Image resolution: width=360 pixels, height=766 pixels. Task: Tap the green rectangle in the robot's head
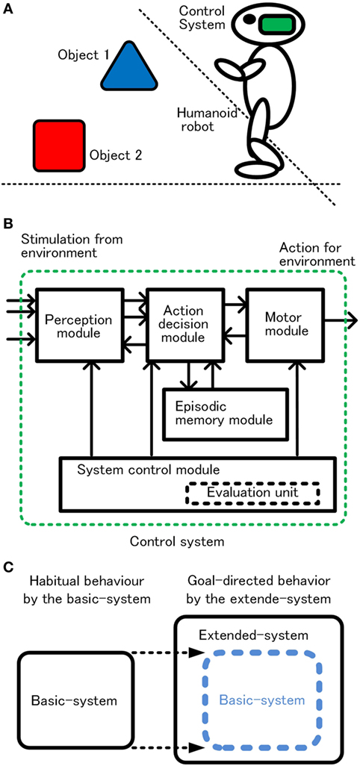(x=278, y=25)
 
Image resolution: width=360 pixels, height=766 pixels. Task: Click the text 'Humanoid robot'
(x=196, y=119)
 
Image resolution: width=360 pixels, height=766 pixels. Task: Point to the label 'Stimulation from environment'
(x=72, y=246)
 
